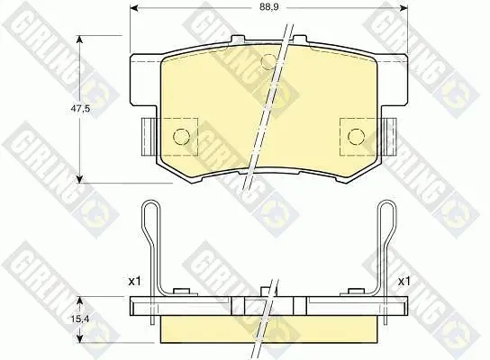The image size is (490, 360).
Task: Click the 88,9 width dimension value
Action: (x=268, y=7)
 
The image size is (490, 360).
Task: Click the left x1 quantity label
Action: (x=135, y=282)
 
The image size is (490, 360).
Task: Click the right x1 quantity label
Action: (x=404, y=282)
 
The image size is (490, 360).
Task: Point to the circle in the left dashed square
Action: (x=181, y=136)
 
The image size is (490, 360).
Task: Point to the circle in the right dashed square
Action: (x=357, y=136)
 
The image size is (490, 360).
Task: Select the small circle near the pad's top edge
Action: (x=268, y=61)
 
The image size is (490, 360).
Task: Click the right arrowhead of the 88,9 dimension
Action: (x=404, y=7)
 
